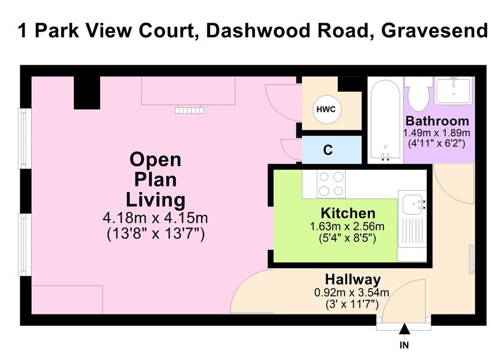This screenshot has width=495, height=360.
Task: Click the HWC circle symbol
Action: pyautogui.click(x=326, y=110)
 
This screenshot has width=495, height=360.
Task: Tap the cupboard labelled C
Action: pyautogui.click(x=332, y=149)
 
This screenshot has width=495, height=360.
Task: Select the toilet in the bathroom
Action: pyautogui.click(x=418, y=92)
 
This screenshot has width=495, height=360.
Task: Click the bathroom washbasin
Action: pyautogui.click(x=454, y=91)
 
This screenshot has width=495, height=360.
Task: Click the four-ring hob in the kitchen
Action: pyautogui.click(x=331, y=184)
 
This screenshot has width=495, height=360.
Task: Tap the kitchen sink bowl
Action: pyautogui.click(x=413, y=203)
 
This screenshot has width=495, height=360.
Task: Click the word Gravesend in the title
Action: pyautogui.click(x=434, y=31)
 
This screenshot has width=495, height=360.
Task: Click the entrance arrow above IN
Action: pyautogui.click(x=404, y=329)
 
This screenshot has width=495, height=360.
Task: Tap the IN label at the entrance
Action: pyautogui.click(x=404, y=345)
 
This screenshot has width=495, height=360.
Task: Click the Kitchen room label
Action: pyautogui.click(x=348, y=213)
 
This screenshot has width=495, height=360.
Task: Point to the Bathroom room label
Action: pyautogui.click(x=437, y=121)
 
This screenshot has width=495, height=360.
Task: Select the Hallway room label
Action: pyautogui.click(x=353, y=280)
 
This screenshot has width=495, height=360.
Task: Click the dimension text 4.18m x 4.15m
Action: pyautogui.click(x=155, y=218)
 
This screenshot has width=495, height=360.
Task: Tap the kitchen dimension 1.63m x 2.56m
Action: pyautogui.click(x=347, y=226)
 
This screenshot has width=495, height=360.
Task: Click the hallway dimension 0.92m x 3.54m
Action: pyautogui.click(x=352, y=293)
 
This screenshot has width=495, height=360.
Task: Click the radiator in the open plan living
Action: pyautogui.click(x=190, y=110)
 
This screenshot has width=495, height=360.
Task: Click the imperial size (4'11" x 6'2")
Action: pyautogui.click(x=437, y=143)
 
